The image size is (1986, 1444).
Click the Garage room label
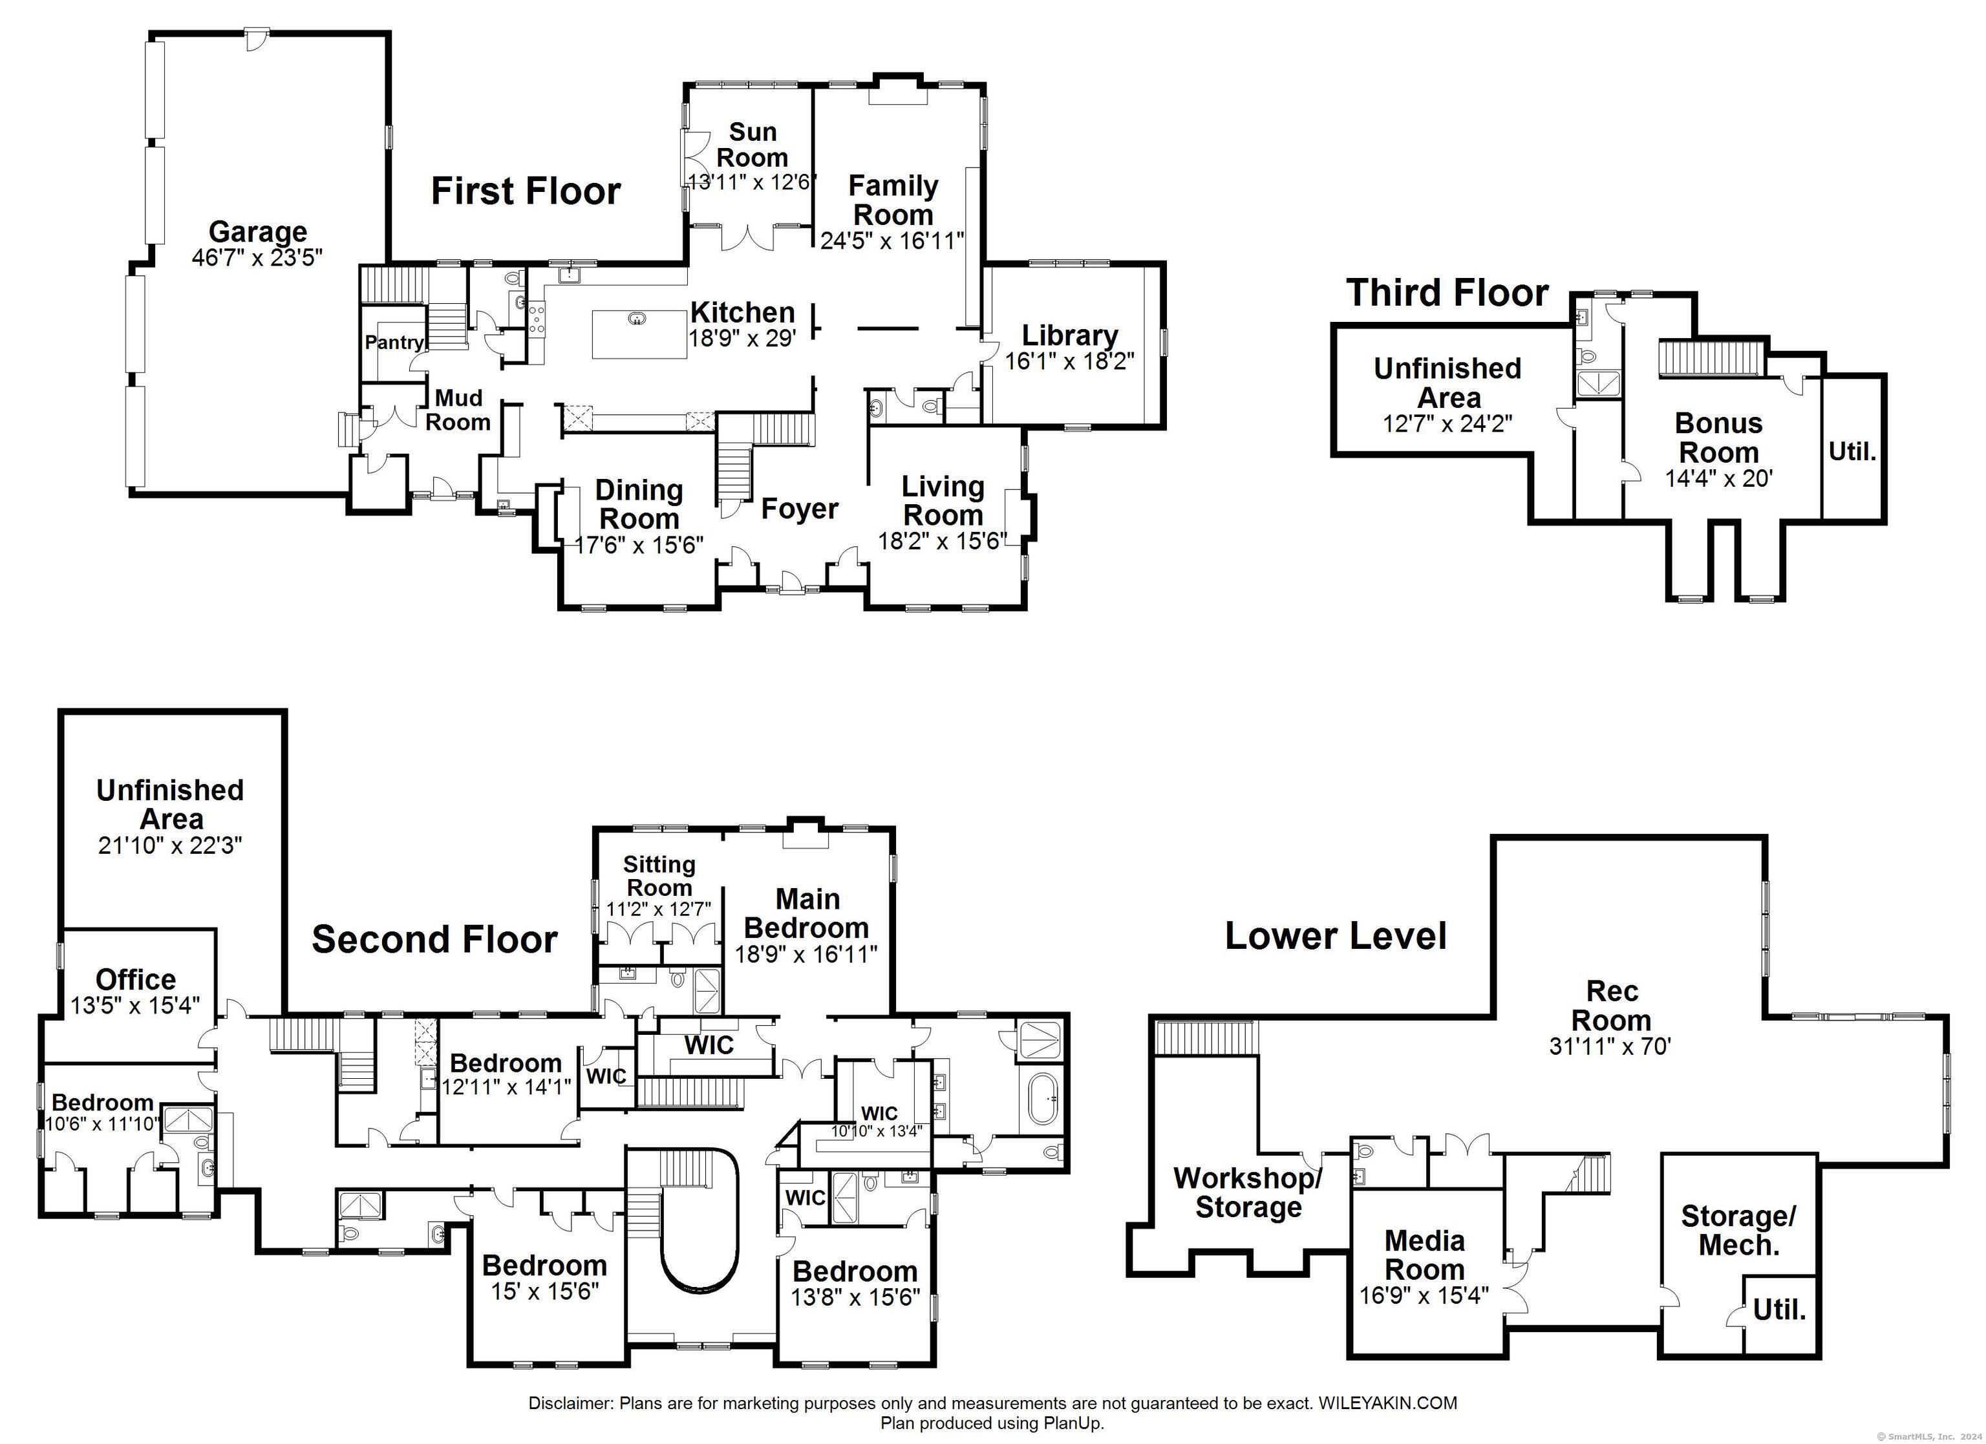tap(259, 232)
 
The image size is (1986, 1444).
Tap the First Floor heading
tap(526, 191)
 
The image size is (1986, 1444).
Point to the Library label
tap(1070, 335)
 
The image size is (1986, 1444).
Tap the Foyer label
tap(800, 509)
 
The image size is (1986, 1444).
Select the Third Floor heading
tap(1447, 292)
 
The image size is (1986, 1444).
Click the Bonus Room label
tap(1719, 438)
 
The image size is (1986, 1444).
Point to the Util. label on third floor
tap(1852, 452)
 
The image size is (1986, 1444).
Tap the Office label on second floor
tap(136, 979)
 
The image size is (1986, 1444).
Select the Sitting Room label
tap(659, 876)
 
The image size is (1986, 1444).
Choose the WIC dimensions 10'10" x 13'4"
tap(877, 1131)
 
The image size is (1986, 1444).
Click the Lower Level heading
tap(1336, 936)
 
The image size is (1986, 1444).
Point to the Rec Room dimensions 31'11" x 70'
tap(1611, 1046)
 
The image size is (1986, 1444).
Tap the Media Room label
tap(1425, 1255)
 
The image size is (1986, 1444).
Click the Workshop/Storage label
tap(1248, 1193)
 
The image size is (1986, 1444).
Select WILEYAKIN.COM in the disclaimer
tap(1387, 1403)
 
